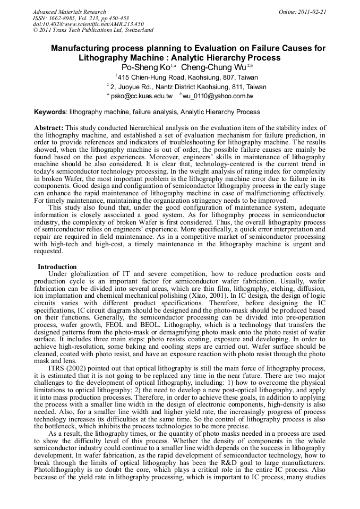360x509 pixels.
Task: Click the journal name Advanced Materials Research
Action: tap(69, 12)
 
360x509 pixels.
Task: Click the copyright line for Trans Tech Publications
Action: tap(93, 30)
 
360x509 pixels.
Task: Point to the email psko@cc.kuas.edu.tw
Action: tap(141, 96)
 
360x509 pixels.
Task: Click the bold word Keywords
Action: tap(50, 112)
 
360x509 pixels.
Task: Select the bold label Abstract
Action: tap(48, 128)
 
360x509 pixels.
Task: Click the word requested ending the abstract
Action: tap(49, 251)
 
